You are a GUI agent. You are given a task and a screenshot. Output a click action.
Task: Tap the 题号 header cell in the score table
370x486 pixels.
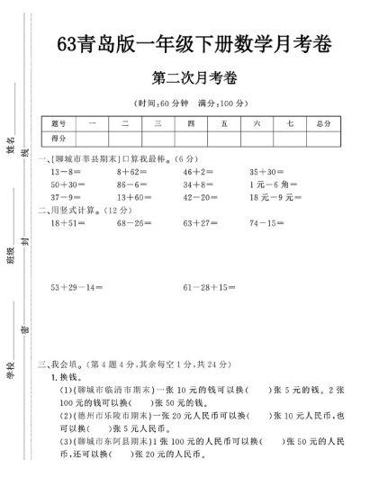coord(60,123)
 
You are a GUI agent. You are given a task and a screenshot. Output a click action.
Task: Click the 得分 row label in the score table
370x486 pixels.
coord(60,138)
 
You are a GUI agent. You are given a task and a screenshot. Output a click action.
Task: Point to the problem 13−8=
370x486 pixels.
coord(67,170)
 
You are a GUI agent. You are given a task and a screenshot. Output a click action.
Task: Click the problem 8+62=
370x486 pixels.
coord(132,170)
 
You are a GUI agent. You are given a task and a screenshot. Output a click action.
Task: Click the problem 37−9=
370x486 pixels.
coord(67,196)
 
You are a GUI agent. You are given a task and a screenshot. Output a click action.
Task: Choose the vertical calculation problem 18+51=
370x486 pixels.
coord(68,221)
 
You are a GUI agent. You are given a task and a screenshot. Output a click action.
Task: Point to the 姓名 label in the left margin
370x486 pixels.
coord(11,144)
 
